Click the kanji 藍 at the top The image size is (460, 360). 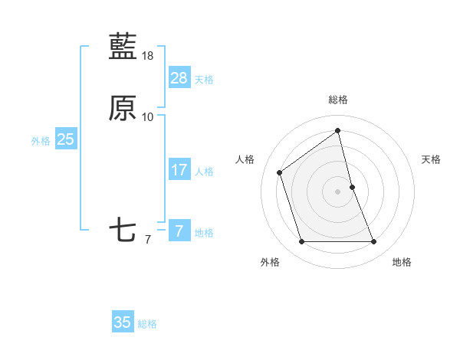click(123, 47)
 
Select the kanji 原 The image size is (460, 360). click(123, 109)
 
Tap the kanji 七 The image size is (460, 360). click(123, 231)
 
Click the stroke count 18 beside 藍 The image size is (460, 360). click(148, 56)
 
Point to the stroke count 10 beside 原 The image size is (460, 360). click(148, 117)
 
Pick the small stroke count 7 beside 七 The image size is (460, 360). click(148, 240)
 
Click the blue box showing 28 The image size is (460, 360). click(179, 77)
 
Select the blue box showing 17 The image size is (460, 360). click(179, 170)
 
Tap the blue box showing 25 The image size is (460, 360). click(65, 139)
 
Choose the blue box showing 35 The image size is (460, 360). click(123, 322)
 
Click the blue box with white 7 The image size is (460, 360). click(179, 231)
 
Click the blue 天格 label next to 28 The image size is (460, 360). click(204, 80)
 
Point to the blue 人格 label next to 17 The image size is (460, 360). click(204, 172)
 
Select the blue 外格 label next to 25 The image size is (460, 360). click(41, 141)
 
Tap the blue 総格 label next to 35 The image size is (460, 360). click(147, 324)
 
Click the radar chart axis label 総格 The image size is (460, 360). click(338, 100)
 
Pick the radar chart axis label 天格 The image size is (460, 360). click(432, 159)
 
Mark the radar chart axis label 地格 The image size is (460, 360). click(402, 262)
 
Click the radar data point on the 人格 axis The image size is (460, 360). click(280, 172)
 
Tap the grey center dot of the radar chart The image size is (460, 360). click(338, 191)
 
